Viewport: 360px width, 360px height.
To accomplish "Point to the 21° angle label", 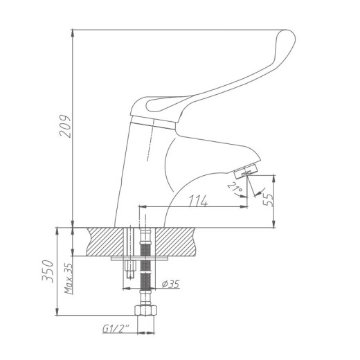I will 235,188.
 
